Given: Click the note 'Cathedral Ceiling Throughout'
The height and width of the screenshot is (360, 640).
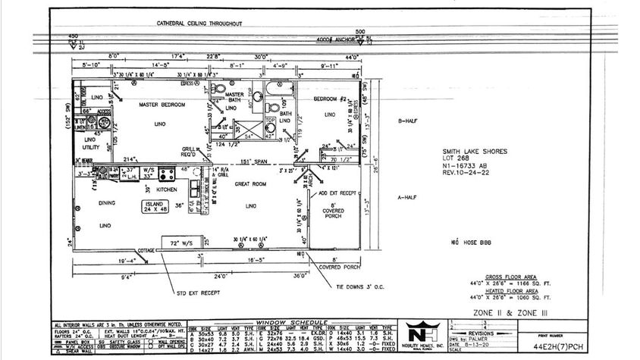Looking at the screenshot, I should [x=199, y=23].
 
